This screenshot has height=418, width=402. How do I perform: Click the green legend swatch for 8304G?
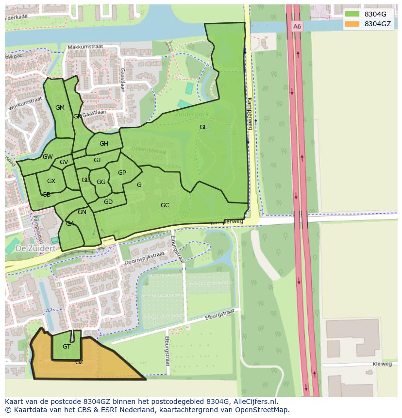click(352, 14)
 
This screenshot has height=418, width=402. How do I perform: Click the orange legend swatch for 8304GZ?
click(352, 24)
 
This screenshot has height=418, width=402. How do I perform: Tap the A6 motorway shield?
click(297, 26)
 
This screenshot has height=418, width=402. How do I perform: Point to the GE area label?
click(203, 127)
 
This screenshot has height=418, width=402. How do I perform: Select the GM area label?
click(60, 108)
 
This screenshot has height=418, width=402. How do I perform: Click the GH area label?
click(104, 144)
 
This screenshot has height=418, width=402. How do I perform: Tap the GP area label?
click(122, 173)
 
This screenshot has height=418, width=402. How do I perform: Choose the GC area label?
click(165, 205)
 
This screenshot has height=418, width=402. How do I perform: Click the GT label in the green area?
click(67, 347)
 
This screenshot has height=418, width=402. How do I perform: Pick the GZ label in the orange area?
click(79, 362)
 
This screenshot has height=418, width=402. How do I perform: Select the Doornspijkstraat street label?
click(144, 258)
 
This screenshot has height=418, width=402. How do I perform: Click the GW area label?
click(48, 157)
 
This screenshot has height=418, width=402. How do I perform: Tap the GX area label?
click(51, 181)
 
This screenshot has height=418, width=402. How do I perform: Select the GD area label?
click(108, 202)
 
